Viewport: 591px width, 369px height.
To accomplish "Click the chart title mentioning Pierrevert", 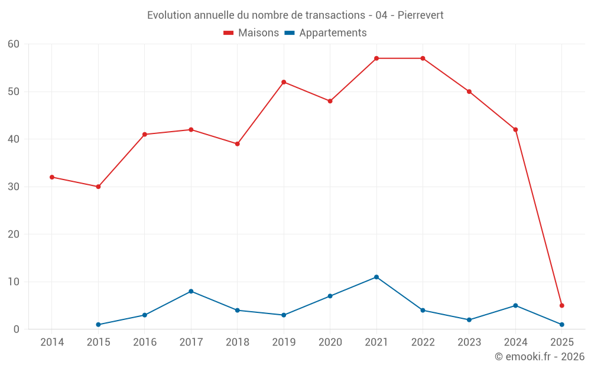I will click(295, 15).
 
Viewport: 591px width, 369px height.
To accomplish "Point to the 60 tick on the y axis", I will click(14, 44).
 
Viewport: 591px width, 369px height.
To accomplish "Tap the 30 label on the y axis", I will click(14, 187).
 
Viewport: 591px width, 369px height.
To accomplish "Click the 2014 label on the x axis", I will click(52, 342).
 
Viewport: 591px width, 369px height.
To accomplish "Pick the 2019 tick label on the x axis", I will click(284, 342).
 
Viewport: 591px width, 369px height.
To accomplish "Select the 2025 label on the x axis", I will click(561, 342).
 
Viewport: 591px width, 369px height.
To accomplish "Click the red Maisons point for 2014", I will click(52, 177).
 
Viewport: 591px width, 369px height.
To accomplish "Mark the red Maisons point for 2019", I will click(284, 82).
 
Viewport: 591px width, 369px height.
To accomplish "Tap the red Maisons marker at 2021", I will click(376, 58).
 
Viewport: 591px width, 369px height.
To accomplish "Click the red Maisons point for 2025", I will click(562, 305).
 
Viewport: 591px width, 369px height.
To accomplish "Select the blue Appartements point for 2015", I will click(98, 325).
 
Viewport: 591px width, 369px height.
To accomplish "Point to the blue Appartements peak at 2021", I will click(376, 277).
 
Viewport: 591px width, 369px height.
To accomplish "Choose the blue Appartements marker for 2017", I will click(191, 291).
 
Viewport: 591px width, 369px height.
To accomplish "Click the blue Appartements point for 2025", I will click(562, 325).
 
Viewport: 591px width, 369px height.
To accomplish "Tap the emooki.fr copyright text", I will click(539, 357).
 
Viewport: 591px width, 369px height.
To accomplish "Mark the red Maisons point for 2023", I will click(469, 92).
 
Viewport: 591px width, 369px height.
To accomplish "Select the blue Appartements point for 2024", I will click(515, 305).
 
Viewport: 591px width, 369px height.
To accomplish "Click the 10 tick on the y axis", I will click(14, 282).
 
